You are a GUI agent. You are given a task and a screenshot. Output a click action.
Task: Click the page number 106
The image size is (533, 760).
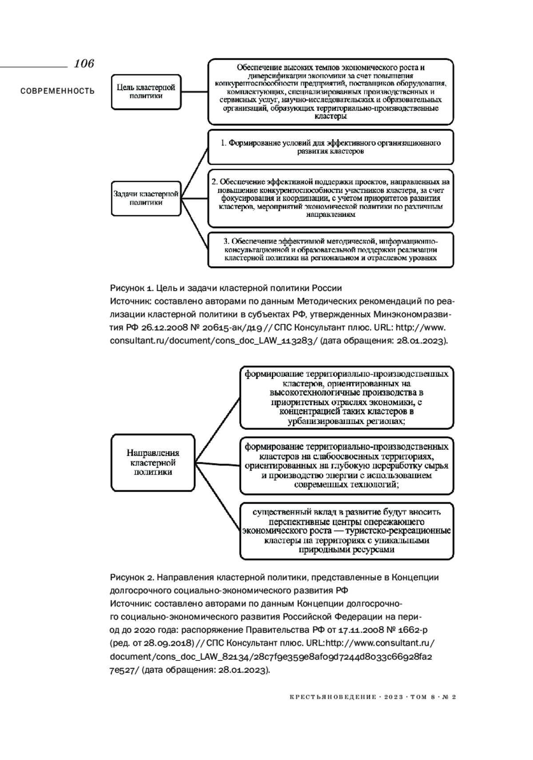(x=84, y=64)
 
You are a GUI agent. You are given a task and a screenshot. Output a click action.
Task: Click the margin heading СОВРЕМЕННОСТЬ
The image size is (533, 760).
(x=57, y=91)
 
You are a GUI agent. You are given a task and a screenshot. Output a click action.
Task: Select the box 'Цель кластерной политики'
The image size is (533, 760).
(x=146, y=92)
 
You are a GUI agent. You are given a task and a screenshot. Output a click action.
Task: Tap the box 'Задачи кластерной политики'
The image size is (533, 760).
(x=146, y=198)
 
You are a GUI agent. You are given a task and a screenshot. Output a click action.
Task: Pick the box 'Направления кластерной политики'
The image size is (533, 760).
(x=153, y=463)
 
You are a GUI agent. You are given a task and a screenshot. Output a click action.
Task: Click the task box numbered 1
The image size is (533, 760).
(x=330, y=147)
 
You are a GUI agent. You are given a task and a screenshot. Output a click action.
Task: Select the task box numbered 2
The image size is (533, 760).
(x=330, y=198)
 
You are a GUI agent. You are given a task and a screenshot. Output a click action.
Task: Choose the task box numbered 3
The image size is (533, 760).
(x=330, y=249)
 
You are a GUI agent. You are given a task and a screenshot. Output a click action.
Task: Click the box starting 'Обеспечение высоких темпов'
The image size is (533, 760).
(x=330, y=92)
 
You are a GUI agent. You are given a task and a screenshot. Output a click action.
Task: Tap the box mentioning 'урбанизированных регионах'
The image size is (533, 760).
(x=346, y=397)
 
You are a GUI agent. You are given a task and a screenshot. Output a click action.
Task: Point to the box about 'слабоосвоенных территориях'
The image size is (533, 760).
(x=346, y=466)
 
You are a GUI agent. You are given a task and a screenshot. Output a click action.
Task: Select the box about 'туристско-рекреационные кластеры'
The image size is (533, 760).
(x=346, y=531)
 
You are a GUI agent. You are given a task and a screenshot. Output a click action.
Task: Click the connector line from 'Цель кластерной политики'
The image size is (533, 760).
(x=195, y=92)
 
